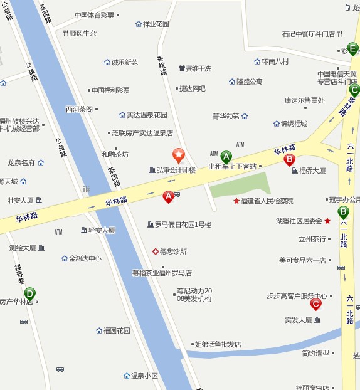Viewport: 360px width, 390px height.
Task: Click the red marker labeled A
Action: [168, 196]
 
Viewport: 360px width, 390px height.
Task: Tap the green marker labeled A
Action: [226, 157]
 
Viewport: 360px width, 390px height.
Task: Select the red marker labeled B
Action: [290, 160]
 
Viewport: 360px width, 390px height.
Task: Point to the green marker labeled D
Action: [29, 293]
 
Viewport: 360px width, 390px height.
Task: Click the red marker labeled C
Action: [315, 304]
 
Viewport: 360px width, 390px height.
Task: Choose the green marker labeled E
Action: [353, 48]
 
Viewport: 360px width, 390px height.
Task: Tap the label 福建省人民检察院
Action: [267, 201]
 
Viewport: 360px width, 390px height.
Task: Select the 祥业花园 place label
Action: [156, 24]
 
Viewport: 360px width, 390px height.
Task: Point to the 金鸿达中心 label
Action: [85, 258]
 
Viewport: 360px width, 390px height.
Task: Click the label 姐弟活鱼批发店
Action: [218, 344]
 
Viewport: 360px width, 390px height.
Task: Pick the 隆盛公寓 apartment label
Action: [249, 82]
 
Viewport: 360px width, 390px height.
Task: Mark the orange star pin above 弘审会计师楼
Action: [179, 154]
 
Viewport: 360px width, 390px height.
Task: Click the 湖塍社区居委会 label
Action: [299, 221]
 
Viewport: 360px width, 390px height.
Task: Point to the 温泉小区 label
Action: [144, 376]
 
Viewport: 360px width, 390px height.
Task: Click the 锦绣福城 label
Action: [294, 124]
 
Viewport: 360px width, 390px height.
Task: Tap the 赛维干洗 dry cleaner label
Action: [198, 68]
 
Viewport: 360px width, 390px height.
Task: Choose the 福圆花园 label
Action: [117, 330]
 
